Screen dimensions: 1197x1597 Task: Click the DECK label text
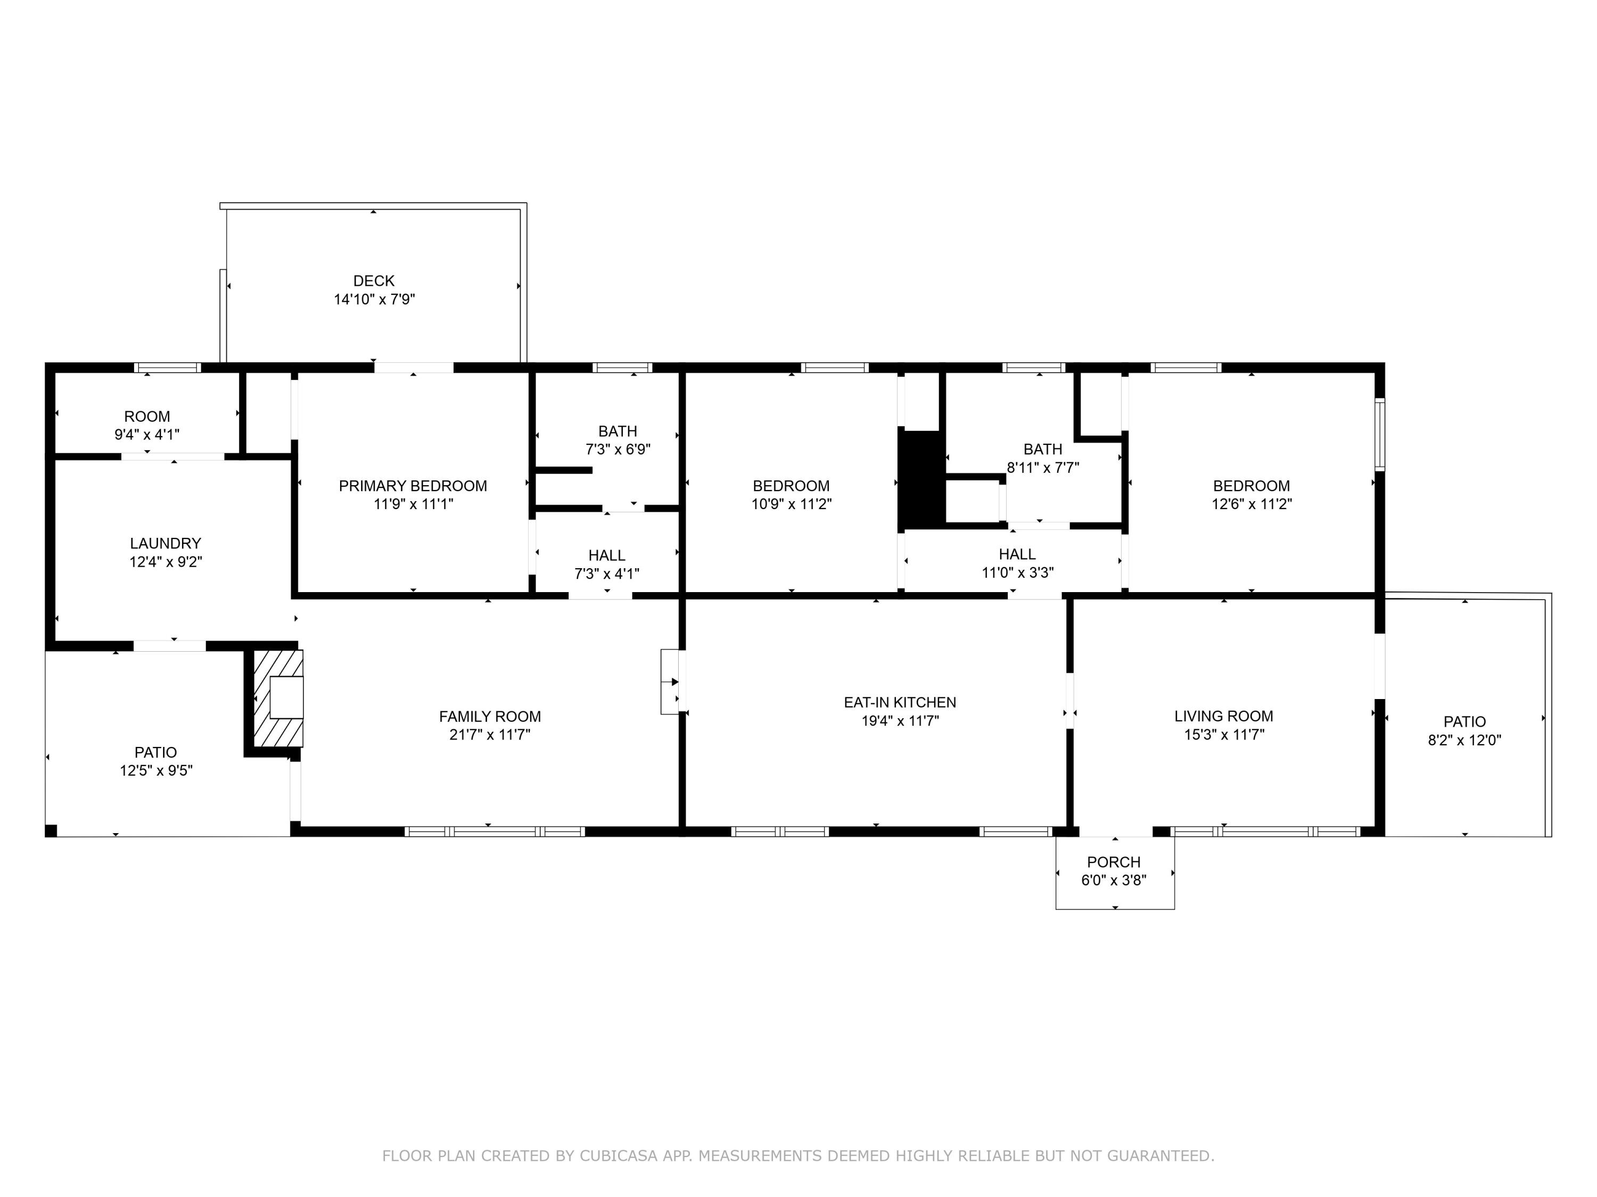pos(374,281)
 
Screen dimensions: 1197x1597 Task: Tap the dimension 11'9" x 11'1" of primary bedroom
pos(413,504)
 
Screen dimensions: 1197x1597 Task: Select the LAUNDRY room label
pos(166,543)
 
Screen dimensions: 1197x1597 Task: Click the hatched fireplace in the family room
pos(278,699)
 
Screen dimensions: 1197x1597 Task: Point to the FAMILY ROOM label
pos(490,717)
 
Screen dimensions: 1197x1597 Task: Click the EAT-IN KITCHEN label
pos(900,702)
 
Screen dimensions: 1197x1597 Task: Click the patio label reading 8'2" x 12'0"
pos(1464,739)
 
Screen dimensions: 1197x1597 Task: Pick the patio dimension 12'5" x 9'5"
pos(156,770)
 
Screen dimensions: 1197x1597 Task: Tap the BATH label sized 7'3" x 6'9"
pos(618,431)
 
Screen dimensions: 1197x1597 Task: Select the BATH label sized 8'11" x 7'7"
pos(1042,450)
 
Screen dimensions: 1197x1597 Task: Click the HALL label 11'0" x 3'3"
pos(1017,554)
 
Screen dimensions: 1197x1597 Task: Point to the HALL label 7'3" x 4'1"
pos(606,555)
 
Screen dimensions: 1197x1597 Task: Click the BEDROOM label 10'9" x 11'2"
pos(791,486)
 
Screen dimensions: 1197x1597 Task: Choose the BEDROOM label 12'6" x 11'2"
pos(1251,486)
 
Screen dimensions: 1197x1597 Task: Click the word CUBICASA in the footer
pos(619,1157)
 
